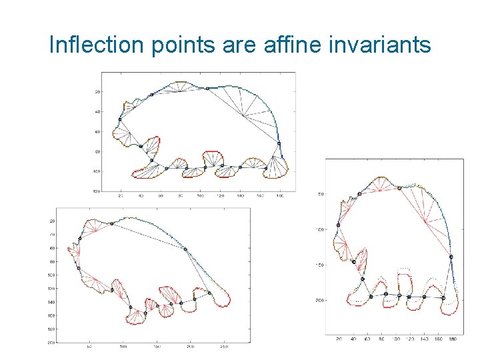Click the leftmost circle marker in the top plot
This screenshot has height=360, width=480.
click(x=120, y=119)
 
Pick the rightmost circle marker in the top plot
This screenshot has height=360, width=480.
click(x=279, y=143)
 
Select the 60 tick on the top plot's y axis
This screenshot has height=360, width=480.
click(x=97, y=131)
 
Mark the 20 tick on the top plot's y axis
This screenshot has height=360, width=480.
click(x=97, y=91)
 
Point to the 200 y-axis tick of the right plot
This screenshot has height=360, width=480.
click(x=319, y=300)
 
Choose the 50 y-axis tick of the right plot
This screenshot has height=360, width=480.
click(x=321, y=194)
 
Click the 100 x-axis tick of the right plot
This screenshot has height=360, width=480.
click(x=396, y=339)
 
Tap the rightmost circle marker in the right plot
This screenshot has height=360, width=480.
click(x=451, y=257)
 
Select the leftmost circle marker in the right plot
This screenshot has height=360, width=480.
click(x=339, y=225)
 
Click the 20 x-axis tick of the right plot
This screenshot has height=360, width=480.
click(x=339, y=339)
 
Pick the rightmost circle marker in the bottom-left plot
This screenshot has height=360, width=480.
click(x=209, y=293)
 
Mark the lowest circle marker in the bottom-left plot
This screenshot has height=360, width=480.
click(x=145, y=313)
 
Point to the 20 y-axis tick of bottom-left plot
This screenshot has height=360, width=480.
click(x=52, y=221)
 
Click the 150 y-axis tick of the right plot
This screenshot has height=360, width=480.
click(x=319, y=265)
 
